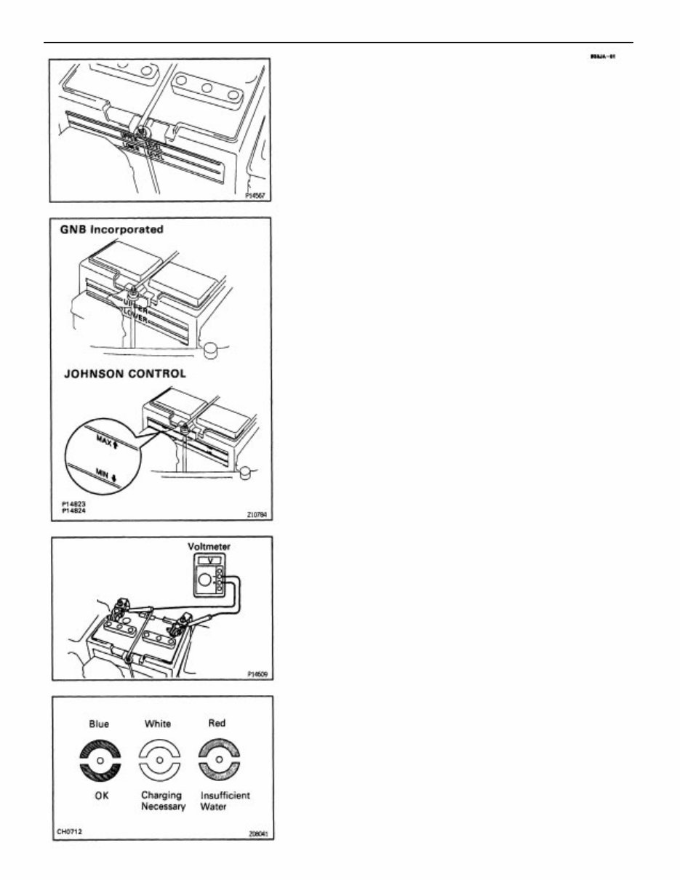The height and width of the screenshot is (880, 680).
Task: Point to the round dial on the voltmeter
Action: click(x=206, y=580)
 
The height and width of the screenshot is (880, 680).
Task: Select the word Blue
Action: click(x=99, y=724)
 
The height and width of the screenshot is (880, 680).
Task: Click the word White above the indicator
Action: click(x=158, y=724)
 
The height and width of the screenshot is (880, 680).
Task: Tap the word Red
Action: click(x=217, y=723)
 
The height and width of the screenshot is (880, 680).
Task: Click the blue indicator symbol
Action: click(x=100, y=760)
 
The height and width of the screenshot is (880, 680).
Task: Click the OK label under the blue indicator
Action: click(x=102, y=796)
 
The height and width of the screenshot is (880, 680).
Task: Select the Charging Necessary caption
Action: click(x=161, y=801)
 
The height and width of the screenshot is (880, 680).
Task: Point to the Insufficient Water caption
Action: click(x=225, y=801)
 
